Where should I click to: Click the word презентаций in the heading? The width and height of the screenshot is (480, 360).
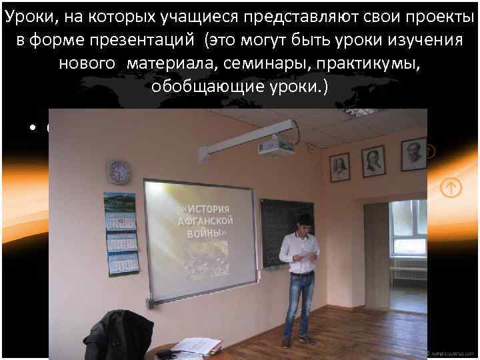(x=144, y=41)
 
